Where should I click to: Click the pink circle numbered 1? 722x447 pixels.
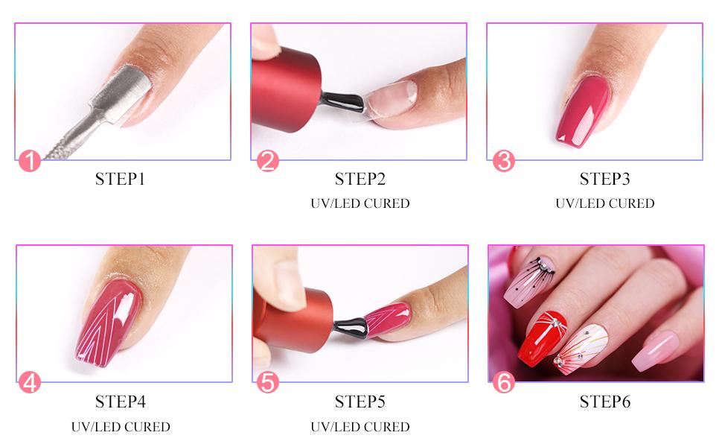(x=29, y=161)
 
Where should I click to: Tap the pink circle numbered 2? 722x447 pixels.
(x=268, y=161)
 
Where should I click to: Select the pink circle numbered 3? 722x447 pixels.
(x=504, y=161)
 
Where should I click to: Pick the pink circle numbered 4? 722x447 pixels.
(x=29, y=382)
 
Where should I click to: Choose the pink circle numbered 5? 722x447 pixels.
(x=268, y=382)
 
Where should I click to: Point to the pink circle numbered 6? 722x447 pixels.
(x=504, y=382)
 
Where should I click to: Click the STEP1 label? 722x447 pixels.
(x=121, y=179)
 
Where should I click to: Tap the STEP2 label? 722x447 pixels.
(x=360, y=179)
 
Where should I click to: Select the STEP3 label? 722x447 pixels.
(x=604, y=179)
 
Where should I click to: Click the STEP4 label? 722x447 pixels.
(x=121, y=402)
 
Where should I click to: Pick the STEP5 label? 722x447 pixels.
(x=360, y=402)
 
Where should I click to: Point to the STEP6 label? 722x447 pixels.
(x=604, y=402)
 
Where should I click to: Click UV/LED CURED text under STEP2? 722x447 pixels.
(x=360, y=203)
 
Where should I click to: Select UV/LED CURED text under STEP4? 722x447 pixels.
(x=121, y=427)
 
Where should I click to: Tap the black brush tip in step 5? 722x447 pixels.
(x=348, y=324)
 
